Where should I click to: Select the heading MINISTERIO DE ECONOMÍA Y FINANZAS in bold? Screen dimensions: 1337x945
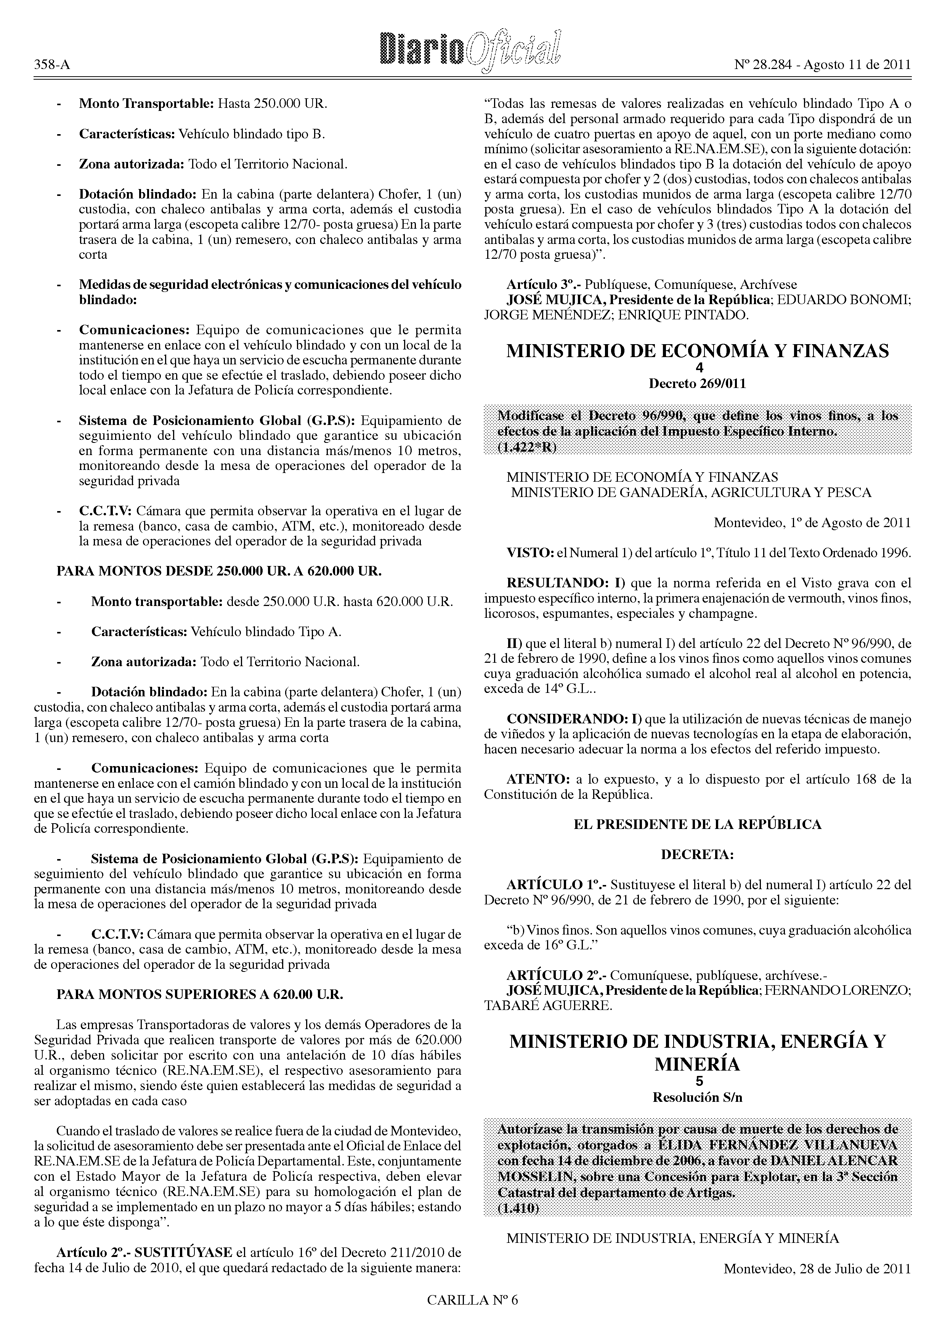(698, 351)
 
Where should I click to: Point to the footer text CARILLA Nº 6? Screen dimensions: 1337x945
(472, 1315)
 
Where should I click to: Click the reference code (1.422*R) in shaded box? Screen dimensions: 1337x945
(526, 447)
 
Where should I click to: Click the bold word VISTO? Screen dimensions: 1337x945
(530, 553)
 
